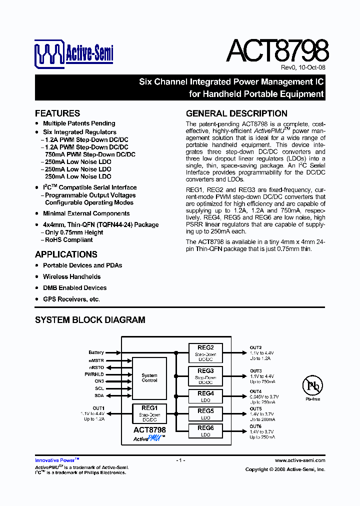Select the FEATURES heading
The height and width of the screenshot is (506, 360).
click(x=57, y=113)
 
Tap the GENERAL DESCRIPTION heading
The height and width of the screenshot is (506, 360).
click(x=236, y=113)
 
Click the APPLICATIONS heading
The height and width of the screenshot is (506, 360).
click(x=66, y=254)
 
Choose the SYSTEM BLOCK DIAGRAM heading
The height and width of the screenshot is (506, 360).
click(x=90, y=320)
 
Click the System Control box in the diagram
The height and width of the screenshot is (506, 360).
click(x=149, y=378)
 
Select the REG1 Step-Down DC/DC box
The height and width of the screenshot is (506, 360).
click(x=149, y=413)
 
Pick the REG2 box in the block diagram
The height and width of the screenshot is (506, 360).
click(x=205, y=352)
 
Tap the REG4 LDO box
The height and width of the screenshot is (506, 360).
click(x=205, y=396)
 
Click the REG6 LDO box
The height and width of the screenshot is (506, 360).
click(x=205, y=430)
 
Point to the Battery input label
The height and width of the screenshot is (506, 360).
click(x=96, y=352)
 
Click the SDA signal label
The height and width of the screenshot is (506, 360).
click(x=99, y=395)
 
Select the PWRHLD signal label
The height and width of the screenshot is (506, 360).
click(x=94, y=373)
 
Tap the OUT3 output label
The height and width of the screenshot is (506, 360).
click(x=255, y=371)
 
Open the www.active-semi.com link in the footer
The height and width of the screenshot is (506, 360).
click(x=299, y=460)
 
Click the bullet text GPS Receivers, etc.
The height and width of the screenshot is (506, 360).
click(x=71, y=299)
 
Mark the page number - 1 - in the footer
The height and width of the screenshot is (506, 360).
click(x=180, y=460)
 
